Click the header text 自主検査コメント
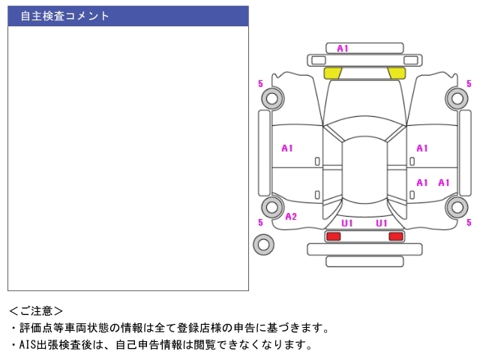point(64,16)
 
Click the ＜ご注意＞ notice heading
point(36,310)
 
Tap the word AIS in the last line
point(27,345)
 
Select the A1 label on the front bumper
point(343,49)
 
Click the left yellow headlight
point(332,73)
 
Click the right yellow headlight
point(396,73)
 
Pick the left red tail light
point(333,236)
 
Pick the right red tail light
point(395,236)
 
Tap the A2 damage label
point(291,217)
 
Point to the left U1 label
point(347,223)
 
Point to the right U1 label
point(382,223)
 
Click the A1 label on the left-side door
point(287,148)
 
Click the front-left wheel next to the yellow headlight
point(271,97)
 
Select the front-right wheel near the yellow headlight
point(456,97)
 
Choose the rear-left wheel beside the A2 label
point(271,208)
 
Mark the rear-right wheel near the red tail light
point(456,208)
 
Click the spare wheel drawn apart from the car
point(263,244)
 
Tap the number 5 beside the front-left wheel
point(260,83)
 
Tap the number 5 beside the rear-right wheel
point(469,222)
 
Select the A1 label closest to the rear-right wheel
point(444,182)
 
